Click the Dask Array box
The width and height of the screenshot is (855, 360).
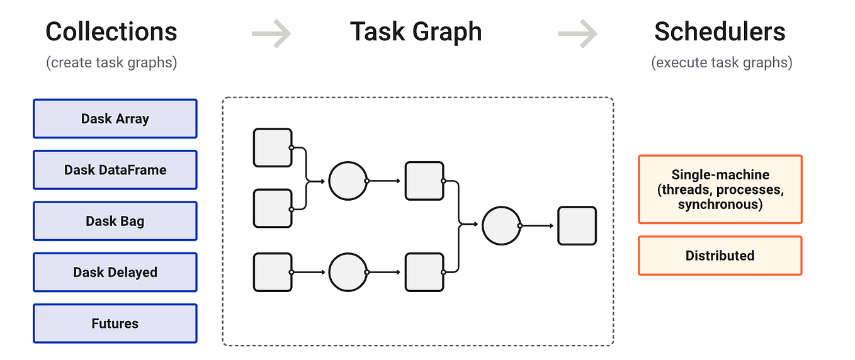[x=115, y=118]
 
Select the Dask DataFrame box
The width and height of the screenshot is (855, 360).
[x=115, y=170]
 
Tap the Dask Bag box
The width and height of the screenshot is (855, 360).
[x=115, y=221]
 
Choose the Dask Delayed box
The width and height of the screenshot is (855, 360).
[x=115, y=273]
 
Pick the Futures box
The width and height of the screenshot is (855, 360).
[x=115, y=323]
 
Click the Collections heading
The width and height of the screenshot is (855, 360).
[x=111, y=31]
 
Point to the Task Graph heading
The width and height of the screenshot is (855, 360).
[x=416, y=31]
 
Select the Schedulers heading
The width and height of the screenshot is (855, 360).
[x=720, y=31]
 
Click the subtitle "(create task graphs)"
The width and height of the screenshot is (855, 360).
[x=111, y=63]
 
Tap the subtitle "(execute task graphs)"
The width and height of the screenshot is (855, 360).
[x=722, y=63]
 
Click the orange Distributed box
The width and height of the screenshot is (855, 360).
[x=720, y=256]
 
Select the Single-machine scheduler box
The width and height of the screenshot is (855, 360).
[x=720, y=189]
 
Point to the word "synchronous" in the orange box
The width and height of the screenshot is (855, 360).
[x=720, y=205]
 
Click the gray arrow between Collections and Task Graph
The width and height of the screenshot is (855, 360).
[x=271, y=33]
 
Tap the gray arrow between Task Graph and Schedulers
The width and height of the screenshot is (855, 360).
[x=577, y=33]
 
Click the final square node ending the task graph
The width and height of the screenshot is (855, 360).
[x=577, y=225]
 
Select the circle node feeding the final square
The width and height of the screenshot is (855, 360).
[x=501, y=225]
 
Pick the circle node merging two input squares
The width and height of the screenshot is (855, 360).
[x=348, y=181]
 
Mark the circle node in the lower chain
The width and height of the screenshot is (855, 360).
[x=348, y=273]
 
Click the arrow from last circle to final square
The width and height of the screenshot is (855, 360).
[x=538, y=225]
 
